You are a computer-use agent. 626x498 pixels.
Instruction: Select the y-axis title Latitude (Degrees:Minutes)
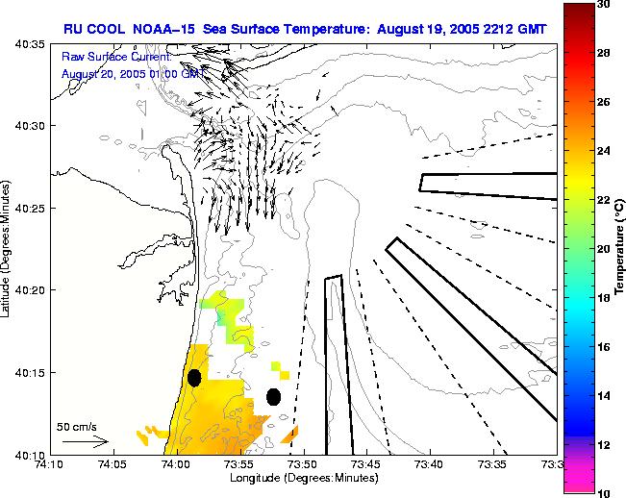click(x=8, y=249)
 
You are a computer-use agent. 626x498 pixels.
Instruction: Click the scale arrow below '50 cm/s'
click(x=85, y=442)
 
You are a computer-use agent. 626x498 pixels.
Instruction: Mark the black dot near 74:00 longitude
click(x=194, y=378)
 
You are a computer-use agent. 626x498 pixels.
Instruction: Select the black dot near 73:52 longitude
click(x=273, y=396)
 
